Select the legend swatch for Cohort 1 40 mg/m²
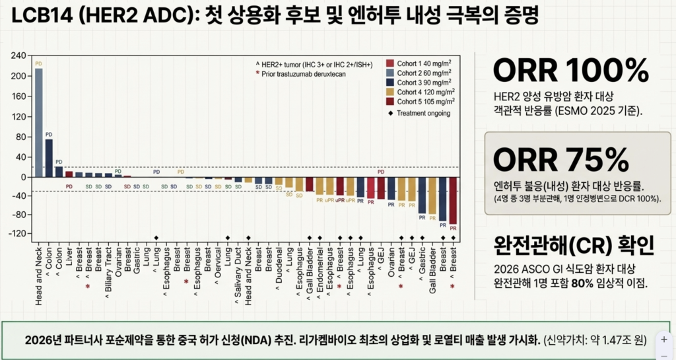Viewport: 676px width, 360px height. click(390, 63)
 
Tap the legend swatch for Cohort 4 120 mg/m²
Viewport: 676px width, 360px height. click(390, 92)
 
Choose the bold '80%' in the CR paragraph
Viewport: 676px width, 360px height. click(589, 282)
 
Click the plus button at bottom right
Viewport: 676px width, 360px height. click(663, 339)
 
